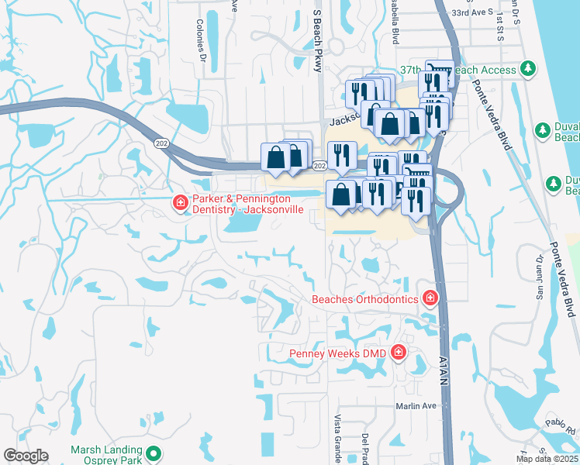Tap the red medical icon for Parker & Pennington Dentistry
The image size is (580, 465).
180,204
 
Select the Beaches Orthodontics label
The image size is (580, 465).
364,298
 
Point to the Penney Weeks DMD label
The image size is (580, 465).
338,353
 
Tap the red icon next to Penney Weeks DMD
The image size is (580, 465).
399,353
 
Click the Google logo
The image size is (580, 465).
26,456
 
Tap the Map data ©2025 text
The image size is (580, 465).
547,459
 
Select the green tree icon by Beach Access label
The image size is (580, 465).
529,70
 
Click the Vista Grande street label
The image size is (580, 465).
338,439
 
